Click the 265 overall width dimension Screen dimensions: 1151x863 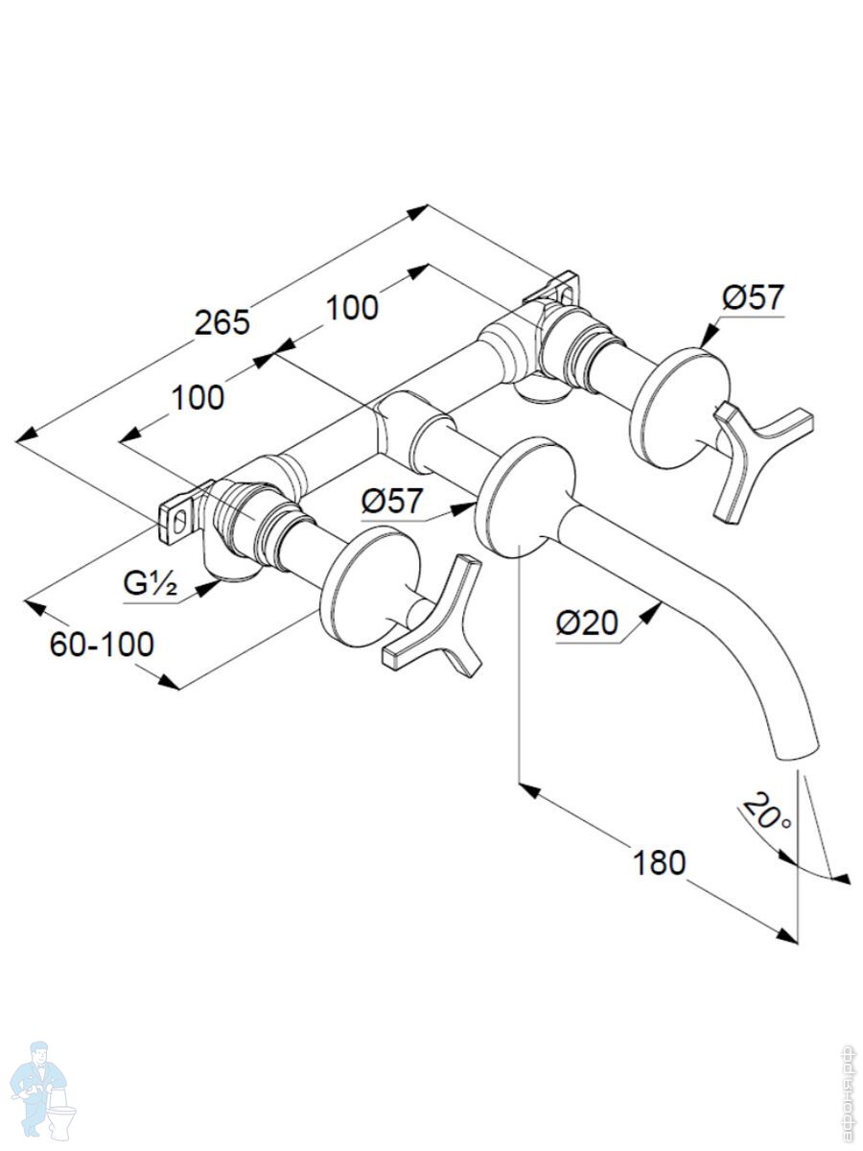click(222, 322)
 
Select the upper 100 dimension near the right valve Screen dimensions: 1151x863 click(352, 308)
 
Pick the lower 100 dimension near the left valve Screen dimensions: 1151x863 click(199, 396)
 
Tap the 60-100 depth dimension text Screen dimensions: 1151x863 click(102, 645)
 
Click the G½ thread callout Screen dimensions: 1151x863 click(150, 582)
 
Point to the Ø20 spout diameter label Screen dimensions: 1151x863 click(588, 623)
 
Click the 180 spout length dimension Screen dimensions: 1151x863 click(659, 862)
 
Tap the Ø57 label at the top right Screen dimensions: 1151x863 click(753, 297)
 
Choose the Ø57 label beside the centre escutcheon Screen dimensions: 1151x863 click(393, 500)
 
